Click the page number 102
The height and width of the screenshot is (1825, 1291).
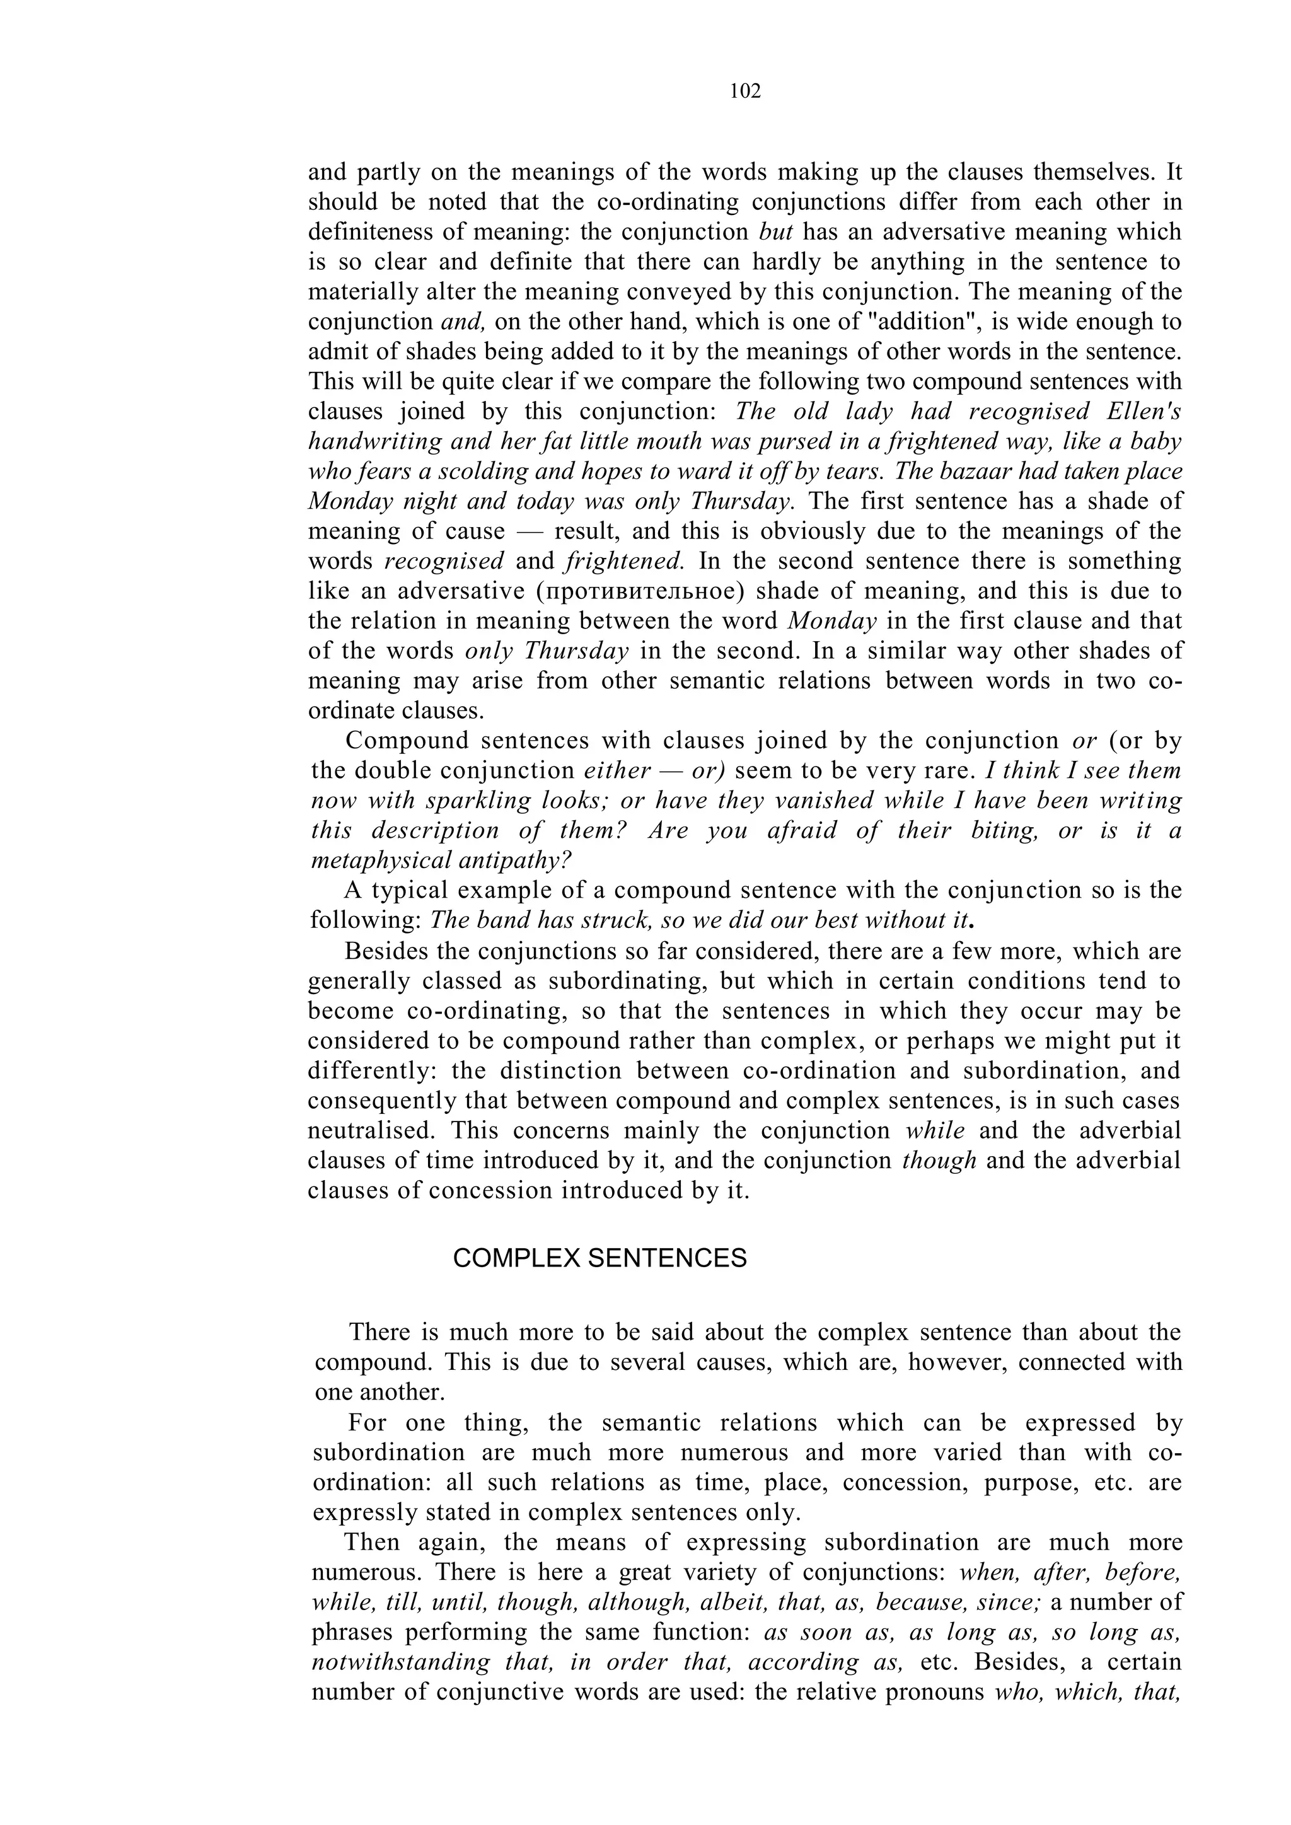click(745, 91)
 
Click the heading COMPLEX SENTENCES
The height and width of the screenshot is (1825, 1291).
click(599, 1259)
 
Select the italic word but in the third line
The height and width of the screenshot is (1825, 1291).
click(777, 232)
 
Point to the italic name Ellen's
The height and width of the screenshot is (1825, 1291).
click(1144, 412)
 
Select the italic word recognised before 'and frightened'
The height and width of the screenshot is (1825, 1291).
click(444, 561)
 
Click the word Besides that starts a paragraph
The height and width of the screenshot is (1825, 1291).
click(381, 951)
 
